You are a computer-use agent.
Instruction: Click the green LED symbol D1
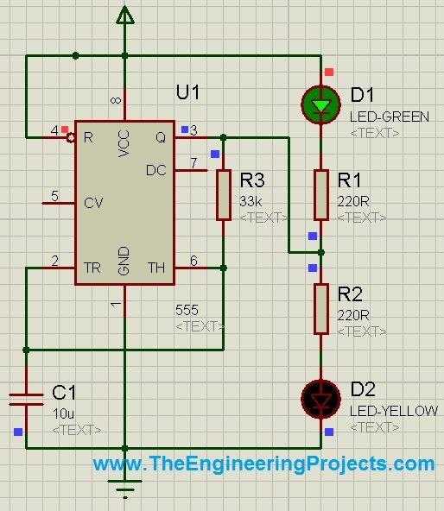pos(321,104)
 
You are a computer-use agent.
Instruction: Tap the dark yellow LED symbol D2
pos(321,399)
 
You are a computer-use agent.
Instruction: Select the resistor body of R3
pos(224,194)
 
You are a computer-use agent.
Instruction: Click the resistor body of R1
pos(321,194)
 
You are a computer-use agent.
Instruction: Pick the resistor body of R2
pos(321,309)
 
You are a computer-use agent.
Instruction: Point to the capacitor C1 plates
pos(26,400)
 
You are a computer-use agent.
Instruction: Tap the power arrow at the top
pos(125,15)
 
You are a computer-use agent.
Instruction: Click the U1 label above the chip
pos(187,91)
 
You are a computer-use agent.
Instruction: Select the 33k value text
pos(251,202)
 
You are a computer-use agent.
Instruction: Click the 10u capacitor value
pos(63,413)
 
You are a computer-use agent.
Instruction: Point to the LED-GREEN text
pos(390,117)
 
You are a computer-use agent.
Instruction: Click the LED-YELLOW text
pos(394,411)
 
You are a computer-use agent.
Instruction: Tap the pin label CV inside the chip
pos(93,203)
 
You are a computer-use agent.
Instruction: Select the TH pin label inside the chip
pos(156,268)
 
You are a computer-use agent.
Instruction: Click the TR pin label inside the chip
pos(92,268)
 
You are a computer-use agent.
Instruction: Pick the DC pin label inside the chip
pos(156,170)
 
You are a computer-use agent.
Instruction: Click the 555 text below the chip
pos(187,310)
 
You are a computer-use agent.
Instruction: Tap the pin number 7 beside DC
pos(193,163)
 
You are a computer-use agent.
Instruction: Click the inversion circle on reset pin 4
pos(71,138)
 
